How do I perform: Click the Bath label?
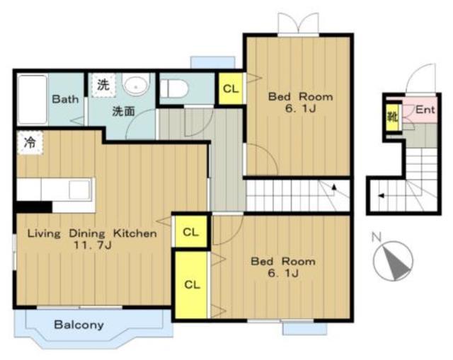point(65,99)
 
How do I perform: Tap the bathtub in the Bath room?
point(33,100)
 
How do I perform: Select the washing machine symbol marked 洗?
point(103,85)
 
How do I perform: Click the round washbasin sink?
point(136,84)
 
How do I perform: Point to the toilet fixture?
point(174,89)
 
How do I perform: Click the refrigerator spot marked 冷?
point(30,143)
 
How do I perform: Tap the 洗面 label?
point(123,111)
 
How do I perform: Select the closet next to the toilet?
point(230,88)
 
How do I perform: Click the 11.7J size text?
point(93,245)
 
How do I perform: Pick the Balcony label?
point(79,325)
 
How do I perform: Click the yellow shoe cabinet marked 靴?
point(393,117)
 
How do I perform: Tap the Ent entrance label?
point(425,110)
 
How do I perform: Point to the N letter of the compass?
point(376,238)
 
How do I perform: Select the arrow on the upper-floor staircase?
point(334,187)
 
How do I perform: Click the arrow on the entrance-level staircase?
point(382,196)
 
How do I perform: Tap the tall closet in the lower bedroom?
point(192,285)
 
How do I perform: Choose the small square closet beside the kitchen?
point(190,232)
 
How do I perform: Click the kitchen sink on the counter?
point(79,190)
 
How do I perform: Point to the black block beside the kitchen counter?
point(35,207)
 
